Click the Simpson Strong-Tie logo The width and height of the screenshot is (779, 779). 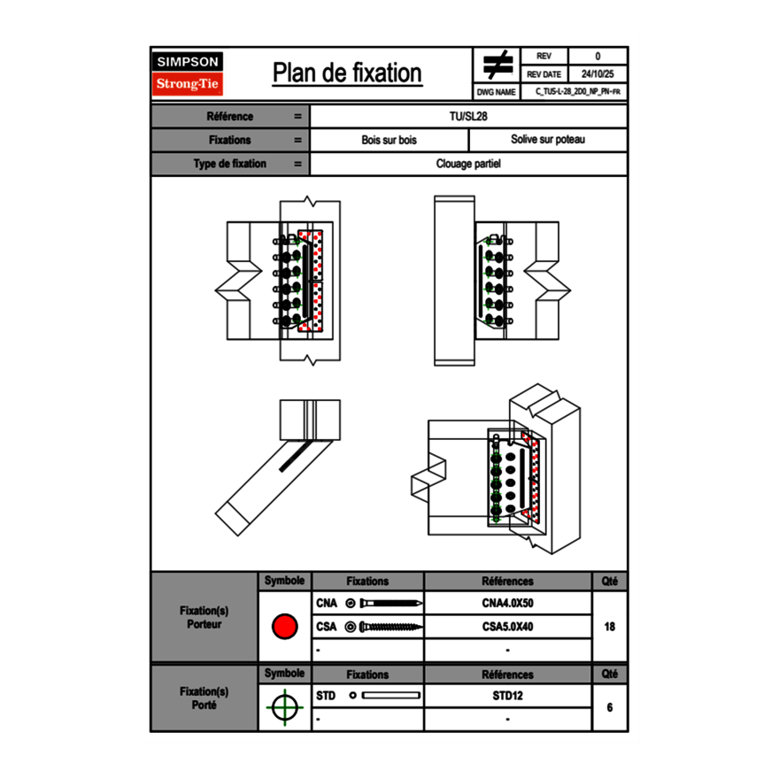coord(189,73)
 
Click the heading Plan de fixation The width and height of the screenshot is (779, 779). coord(347,73)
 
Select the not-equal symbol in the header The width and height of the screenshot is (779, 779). coord(497,65)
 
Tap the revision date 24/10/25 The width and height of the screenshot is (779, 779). coord(598,74)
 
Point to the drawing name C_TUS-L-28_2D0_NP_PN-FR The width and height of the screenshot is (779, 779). coord(577,91)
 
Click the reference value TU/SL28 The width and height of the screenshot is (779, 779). coord(468,116)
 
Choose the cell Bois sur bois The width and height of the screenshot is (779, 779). coord(389,140)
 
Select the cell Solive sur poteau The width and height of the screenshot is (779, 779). coord(547,140)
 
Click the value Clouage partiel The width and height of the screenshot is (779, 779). coord(468,164)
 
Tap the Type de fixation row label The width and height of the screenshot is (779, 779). coord(230,164)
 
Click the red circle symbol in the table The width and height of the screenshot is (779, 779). coord(284,627)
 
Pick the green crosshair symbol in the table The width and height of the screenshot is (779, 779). coord(284,707)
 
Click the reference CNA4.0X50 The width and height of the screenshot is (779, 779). coord(507,604)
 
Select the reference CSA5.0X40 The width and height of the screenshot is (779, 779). coord(507,627)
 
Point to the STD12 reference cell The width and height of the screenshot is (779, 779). coord(507,696)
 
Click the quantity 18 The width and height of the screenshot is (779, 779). coord(609,627)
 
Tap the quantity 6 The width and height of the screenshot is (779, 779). coord(609,707)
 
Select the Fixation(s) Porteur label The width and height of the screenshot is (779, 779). coord(204,617)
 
